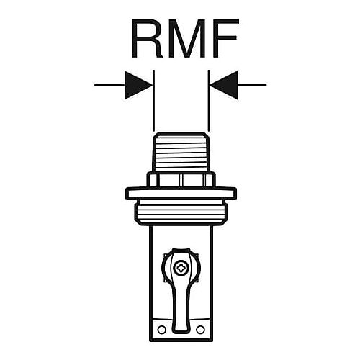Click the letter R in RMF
147,38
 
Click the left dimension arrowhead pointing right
138,85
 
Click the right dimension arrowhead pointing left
224,85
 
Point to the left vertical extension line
153,101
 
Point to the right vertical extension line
209,101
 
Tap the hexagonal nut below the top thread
181,179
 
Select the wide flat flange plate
181,193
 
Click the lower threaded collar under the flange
181,212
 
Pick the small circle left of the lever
161,330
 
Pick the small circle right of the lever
200,330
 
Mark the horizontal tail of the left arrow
109,85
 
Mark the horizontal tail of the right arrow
252,85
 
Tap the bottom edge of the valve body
181,341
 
